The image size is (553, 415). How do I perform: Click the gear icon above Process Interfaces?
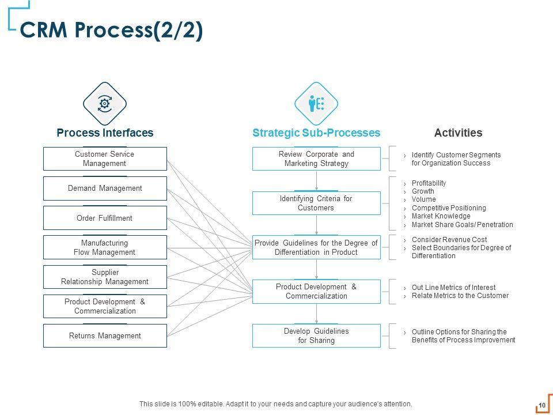pyautogui.click(x=105, y=104)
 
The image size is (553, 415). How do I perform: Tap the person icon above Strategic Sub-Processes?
pyautogui.click(x=312, y=103)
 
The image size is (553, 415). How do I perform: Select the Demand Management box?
pyautogui.click(x=105, y=188)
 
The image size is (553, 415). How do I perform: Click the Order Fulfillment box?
pyautogui.click(x=105, y=218)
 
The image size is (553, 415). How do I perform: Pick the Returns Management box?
pyautogui.click(x=105, y=335)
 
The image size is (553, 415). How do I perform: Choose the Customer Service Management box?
pyautogui.click(x=105, y=159)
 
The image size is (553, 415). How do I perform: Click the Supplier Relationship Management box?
pyautogui.click(x=105, y=277)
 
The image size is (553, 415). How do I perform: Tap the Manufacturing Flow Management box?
pyautogui.click(x=105, y=247)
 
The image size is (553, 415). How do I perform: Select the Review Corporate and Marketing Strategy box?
pyautogui.click(x=316, y=159)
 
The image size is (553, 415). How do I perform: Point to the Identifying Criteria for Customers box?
pyautogui.click(x=316, y=203)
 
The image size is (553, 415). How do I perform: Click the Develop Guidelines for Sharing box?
pyautogui.click(x=316, y=335)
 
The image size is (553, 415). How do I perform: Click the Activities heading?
pyautogui.click(x=458, y=133)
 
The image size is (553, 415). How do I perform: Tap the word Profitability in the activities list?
pyautogui.click(x=429, y=183)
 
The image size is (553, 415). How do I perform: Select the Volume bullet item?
pyautogui.click(x=423, y=199)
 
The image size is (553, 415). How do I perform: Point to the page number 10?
pyautogui.click(x=542, y=405)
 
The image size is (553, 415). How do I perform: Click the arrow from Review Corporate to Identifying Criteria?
pyautogui.click(x=316, y=181)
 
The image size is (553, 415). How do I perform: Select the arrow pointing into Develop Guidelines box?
pyautogui.click(x=316, y=314)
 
